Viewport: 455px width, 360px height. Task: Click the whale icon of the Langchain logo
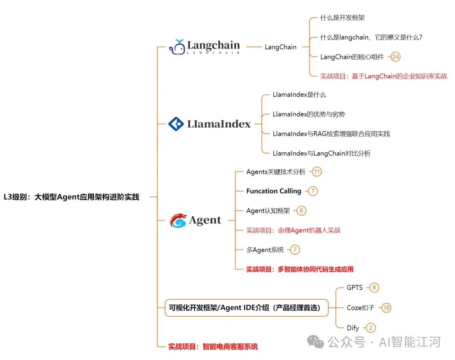(x=177, y=47)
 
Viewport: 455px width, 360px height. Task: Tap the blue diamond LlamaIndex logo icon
(x=176, y=124)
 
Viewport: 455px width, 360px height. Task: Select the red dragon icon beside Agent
(x=178, y=220)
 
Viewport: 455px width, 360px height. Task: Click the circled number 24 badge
(x=395, y=57)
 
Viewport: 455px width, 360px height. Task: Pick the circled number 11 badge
(x=317, y=172)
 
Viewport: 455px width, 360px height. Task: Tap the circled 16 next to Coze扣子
(x=386, y=308)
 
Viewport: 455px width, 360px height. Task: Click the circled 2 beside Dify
(x=370, y=328)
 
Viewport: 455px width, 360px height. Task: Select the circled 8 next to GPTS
(x=374, y=287)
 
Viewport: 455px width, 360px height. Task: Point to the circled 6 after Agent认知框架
(x=301, y=211)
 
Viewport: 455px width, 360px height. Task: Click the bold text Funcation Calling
(x=274, y=191)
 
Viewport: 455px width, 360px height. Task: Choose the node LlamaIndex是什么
(x=299, y=95)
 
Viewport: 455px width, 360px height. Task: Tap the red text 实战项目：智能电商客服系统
(x=213, y=347)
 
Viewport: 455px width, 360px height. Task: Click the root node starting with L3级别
(x=71, y=197)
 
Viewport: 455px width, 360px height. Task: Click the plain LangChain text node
(x=281, y=47)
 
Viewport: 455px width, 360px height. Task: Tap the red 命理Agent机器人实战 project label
(x=293, y=230)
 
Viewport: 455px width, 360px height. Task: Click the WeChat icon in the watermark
(x=316, y=342)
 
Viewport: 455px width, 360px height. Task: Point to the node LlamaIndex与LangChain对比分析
(x=321, y=153)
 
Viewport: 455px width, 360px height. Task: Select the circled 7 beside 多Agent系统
(x=295, y=250)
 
